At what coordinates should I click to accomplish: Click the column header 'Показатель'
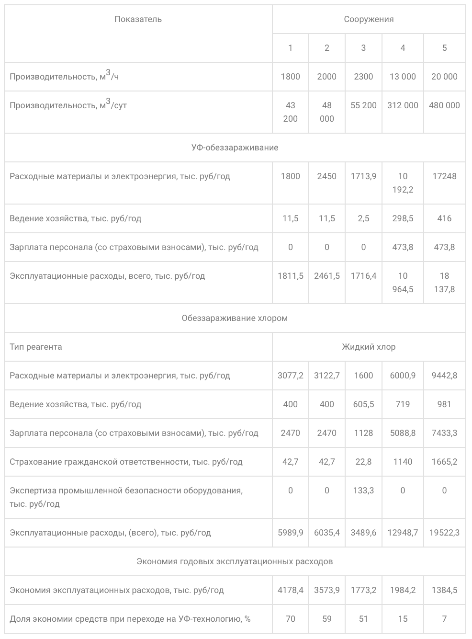[x=138, y=19]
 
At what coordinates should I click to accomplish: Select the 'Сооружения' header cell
[x=369, y=19]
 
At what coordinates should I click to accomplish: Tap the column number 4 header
[x=403, y=48]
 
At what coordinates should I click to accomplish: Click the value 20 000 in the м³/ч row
[x=444, y=77]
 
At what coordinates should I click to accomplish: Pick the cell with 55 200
[x=363, y=105]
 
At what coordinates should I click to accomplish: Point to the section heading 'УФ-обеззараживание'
[x=235, y=148]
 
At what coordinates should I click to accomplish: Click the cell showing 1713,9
[x=363, y=176]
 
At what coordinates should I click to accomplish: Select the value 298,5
[x=403, y=218]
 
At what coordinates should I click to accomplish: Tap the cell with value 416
[x=444, y=218]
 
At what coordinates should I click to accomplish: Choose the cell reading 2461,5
[x=327, y=276]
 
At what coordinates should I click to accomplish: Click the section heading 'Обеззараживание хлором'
[x=235, y=318]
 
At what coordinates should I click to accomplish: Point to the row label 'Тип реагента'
[x=36, y=347]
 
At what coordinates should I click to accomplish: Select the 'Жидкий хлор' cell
[x=369, y=347]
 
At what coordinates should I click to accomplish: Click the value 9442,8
[x=444, y=376]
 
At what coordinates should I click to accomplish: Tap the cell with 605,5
[x=363, y=404]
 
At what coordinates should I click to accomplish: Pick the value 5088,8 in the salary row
[x=403, y=433]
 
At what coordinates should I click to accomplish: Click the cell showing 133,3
[x=363, y=491]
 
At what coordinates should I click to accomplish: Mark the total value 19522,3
[x=444, y=533]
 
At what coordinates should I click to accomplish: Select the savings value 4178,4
[x=290, y=590]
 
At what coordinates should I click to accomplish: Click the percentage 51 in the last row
[x=363, y=619]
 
